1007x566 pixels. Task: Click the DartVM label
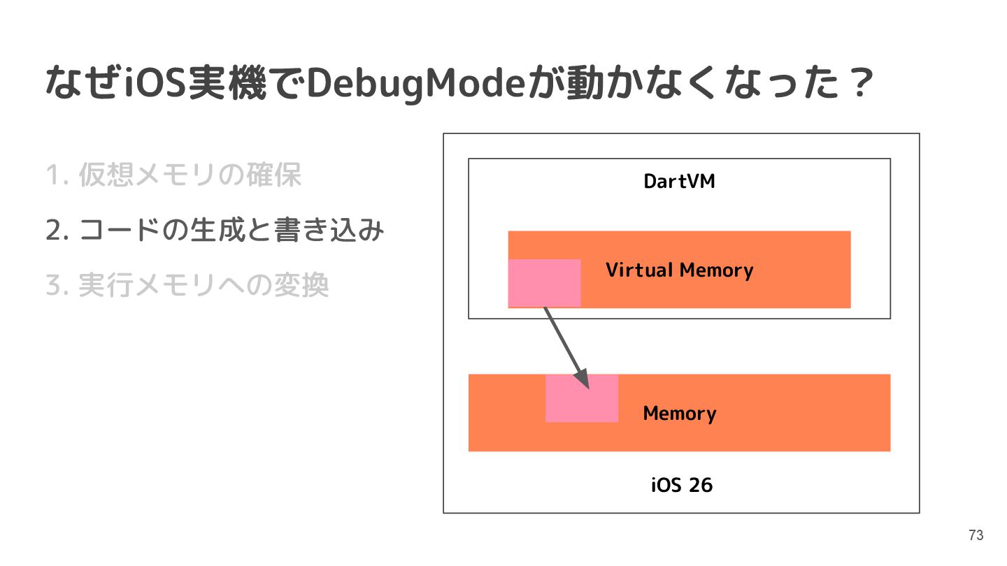(x=679, y=182)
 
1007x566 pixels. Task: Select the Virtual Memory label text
(x=679, y=270)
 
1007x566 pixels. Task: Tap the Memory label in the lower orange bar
(x=679, y=413)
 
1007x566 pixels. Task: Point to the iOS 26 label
(x=681, y=485)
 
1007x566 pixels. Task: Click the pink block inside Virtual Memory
(x=543, y=282)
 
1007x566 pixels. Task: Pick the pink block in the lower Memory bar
(x=581, y=398)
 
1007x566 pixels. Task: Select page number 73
(x=976, y=535)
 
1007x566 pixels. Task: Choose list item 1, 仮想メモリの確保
(x=173, y=175)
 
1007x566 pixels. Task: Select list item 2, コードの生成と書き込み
(x=215, y=230)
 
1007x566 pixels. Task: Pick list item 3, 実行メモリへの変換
(x=187, y=285)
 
